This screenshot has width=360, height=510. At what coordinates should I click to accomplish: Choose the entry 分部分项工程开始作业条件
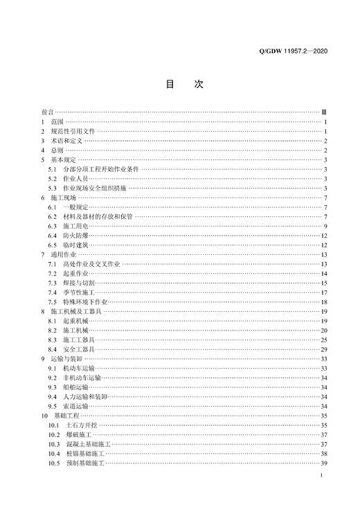pyautogui.click(x=100, y=168)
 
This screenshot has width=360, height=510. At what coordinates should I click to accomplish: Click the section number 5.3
pyautogui.click(x=52, y=188)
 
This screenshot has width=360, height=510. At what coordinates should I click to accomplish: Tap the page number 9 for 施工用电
pyautogui.click(x=325, y=226)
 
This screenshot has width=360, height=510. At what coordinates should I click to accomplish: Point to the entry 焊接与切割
pyautogui.click(x=78, y=283)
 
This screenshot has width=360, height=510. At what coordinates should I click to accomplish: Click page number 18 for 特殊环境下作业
pyautogui.click(x=323, y=302)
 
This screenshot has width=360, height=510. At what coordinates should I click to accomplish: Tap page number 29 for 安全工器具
pyautogui.click(x=323, y=350)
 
